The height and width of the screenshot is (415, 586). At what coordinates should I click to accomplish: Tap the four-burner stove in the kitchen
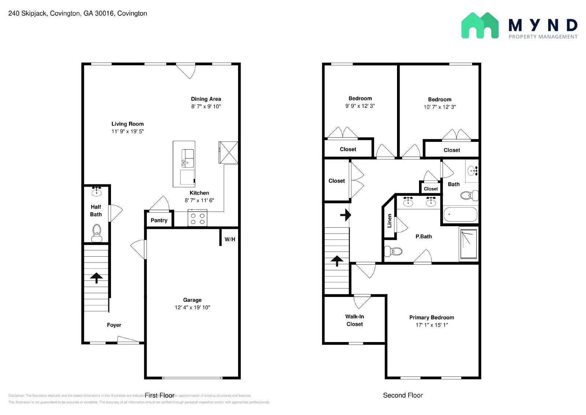197,218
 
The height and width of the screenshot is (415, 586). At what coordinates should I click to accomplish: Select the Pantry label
159,220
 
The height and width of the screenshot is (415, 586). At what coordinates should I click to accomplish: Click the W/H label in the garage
230,239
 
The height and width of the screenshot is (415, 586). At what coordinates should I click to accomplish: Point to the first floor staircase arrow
96,278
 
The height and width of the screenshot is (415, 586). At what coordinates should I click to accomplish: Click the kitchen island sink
188,158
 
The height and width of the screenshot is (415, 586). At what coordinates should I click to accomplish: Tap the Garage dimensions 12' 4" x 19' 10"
192,308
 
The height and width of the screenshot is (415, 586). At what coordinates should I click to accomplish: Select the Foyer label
114,325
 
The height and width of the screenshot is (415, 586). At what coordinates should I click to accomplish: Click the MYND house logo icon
479,25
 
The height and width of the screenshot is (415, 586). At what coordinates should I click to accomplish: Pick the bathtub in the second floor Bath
460,214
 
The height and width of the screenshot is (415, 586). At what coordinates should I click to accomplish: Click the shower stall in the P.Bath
468,244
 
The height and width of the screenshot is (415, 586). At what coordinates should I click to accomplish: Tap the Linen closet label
389,221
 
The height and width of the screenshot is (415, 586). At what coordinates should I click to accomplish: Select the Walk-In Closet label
355,320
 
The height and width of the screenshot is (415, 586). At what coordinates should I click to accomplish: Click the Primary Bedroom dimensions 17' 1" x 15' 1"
431,325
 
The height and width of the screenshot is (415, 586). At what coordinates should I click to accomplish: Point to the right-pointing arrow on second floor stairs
345,215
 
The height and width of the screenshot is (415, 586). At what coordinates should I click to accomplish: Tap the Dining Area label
206,99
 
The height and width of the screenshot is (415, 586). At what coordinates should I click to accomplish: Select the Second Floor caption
403,395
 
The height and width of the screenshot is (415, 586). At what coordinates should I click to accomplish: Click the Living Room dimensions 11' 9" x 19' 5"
127,132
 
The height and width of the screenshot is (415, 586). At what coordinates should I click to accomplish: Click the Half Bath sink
97,192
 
